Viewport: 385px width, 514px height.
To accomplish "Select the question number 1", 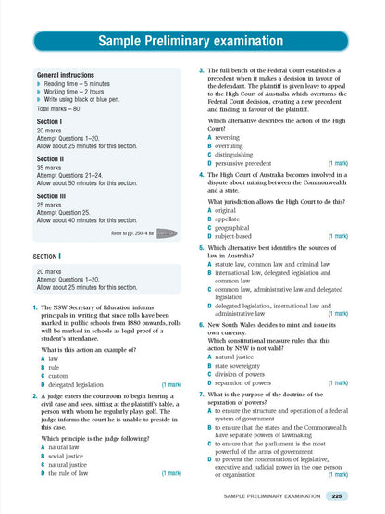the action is tap(34, 307).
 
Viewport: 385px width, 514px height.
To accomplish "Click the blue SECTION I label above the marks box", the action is tap(47, 254).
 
